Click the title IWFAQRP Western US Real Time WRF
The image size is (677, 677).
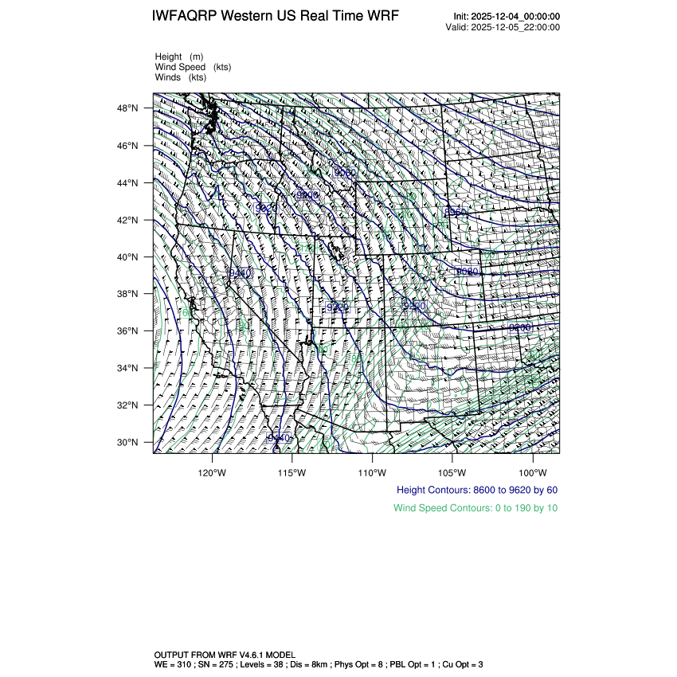click(x=275, y=16)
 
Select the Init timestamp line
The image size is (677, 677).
click(x=507, y=16)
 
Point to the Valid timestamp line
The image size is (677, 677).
click(x=503, y=27)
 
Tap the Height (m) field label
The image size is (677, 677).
click(x=179, y=57)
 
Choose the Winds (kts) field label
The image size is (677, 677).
click(x=181, y=77)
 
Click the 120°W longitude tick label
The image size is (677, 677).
click(x=213, y=471)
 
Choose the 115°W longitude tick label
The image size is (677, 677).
click(x=292, y=471)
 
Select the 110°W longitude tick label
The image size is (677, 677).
click(x=372, y=471)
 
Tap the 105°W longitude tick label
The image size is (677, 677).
click(x=452, y=471)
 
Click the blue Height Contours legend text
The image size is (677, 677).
click(x=477, y=490)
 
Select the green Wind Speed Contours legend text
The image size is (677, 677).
click(x=475, y=508)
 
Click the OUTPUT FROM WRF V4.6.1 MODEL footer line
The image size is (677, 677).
click(x=224, y=654)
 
